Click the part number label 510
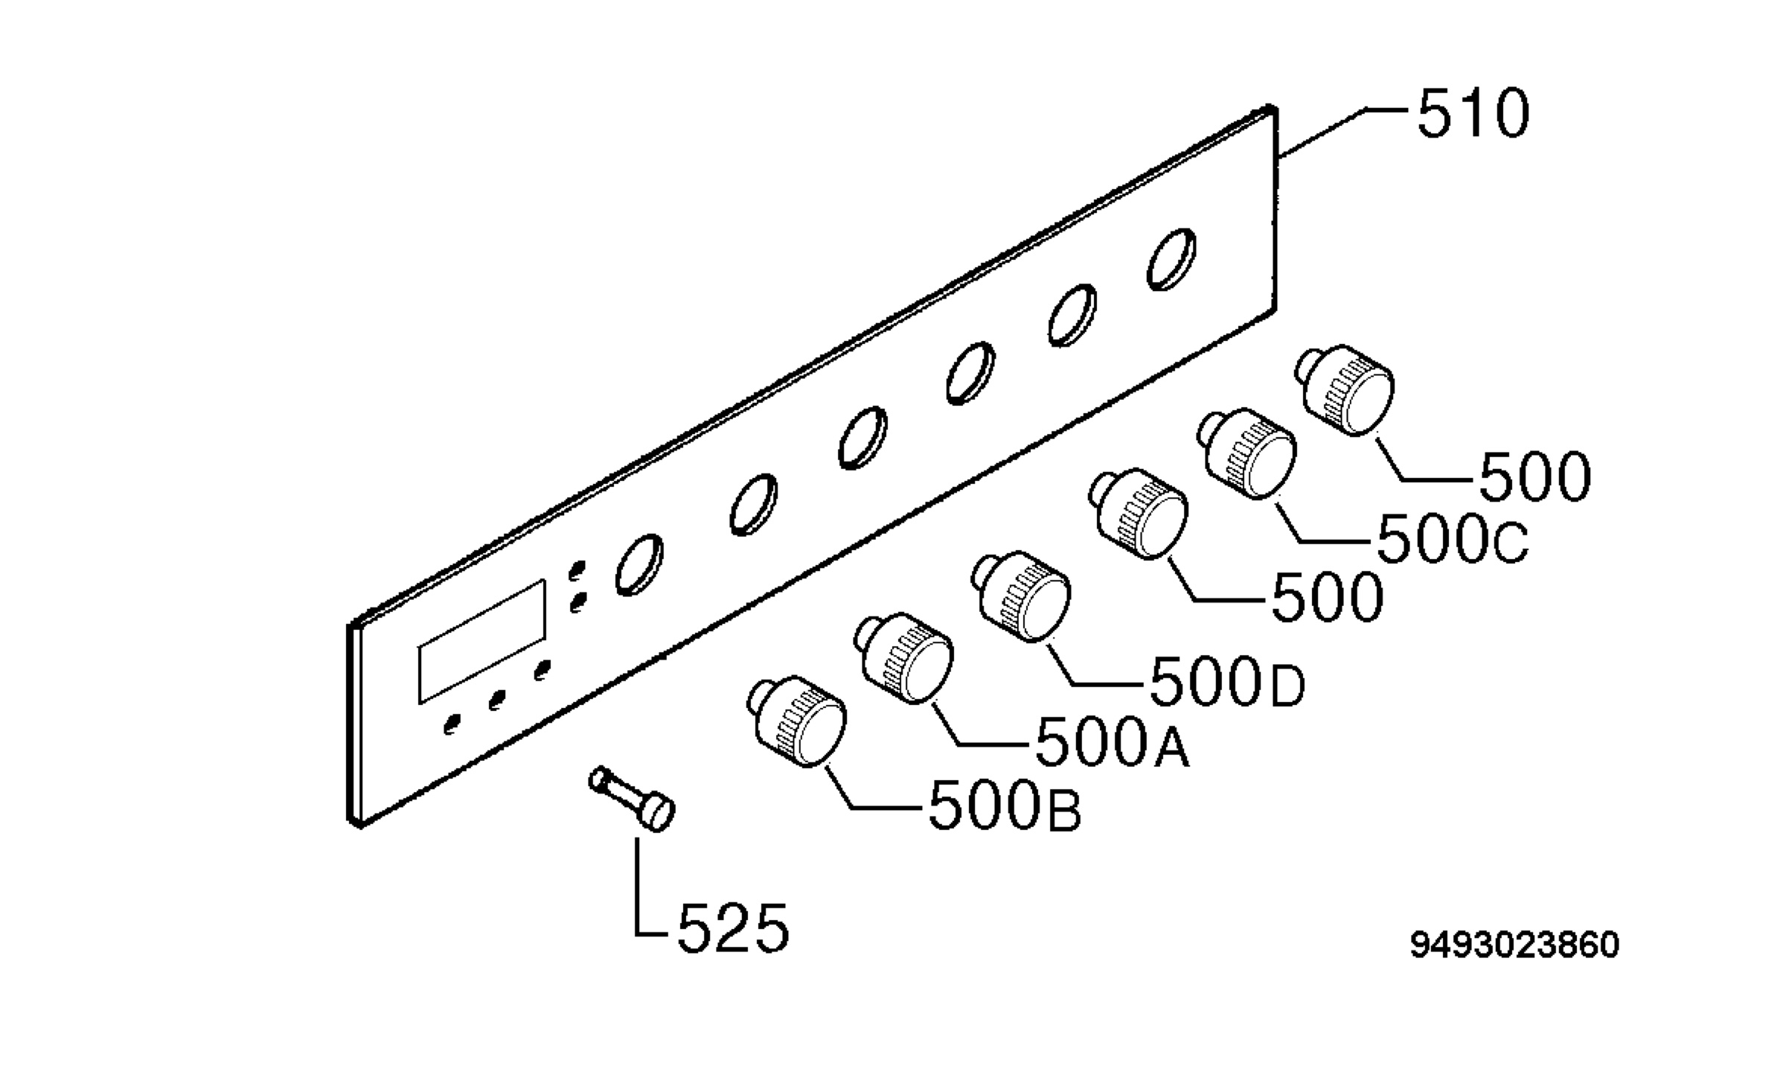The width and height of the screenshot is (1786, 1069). tap(1473, 114)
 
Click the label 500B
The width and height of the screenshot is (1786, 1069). tap(1005, 805)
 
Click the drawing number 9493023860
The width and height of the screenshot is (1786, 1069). tap(1514, 945)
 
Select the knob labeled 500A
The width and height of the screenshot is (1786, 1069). tap(903, 658)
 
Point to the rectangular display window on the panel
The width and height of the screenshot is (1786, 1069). tap(482, 642)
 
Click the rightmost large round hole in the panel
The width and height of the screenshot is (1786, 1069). tap(1171, 258)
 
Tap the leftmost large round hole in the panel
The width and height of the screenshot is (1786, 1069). tap(639, 564)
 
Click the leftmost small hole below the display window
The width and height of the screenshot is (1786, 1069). tap(451, 724)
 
